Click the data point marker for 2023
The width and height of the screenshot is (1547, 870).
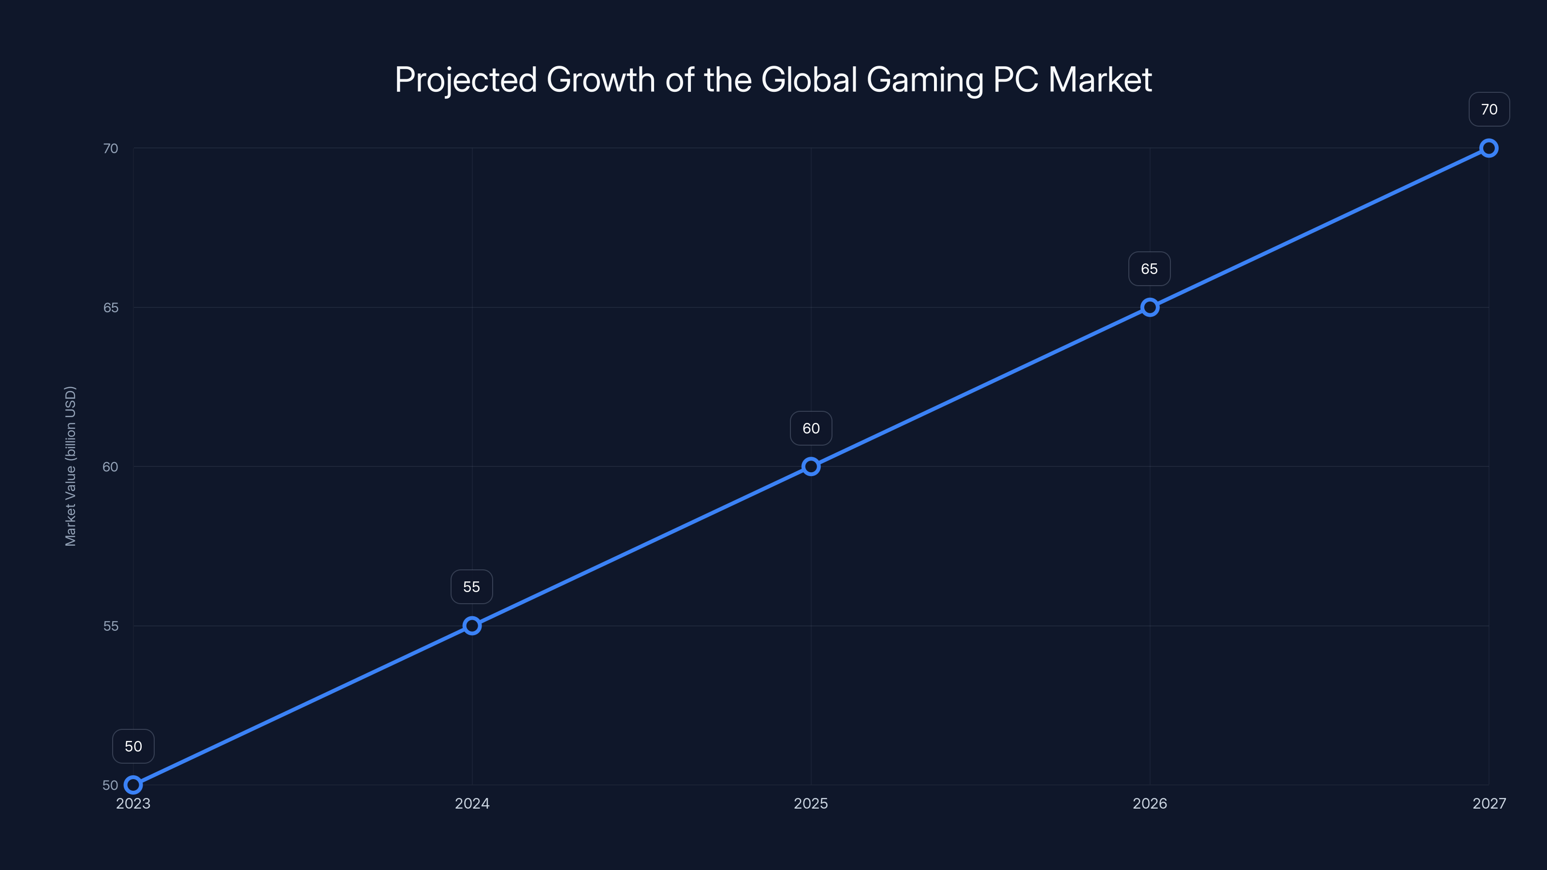click(133, 785)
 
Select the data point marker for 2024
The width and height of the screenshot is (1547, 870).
click(472, 625)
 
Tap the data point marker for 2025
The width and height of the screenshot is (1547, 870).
click(811, 466)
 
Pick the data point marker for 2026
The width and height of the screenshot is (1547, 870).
click(1150, 307)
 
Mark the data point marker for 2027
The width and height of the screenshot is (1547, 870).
click(1489, 148)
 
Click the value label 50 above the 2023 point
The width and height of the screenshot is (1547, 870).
click(133, 746)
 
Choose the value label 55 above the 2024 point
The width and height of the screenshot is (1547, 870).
click(471, 587)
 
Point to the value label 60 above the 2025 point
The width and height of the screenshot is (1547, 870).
click(811, 428)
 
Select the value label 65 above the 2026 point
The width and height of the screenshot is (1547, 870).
click(1150, 269)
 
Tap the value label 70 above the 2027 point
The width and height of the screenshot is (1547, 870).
click(1489, 109)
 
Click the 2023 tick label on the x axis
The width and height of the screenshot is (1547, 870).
click(133, 803)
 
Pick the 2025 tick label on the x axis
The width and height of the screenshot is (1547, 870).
click(811, 803)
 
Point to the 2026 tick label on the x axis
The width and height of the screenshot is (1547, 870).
click(1150, 803)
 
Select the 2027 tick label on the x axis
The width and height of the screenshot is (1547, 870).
click(1489, 803)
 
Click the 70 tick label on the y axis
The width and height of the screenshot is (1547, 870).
click(111, 148)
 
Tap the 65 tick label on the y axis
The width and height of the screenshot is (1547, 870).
click(111, 307)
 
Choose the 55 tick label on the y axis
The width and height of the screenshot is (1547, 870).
click(111, 625)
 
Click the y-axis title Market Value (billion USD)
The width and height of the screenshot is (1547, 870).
click(70, 466)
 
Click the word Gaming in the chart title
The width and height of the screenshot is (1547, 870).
click(925, 80)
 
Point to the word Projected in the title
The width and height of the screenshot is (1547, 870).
click(466, 80)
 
